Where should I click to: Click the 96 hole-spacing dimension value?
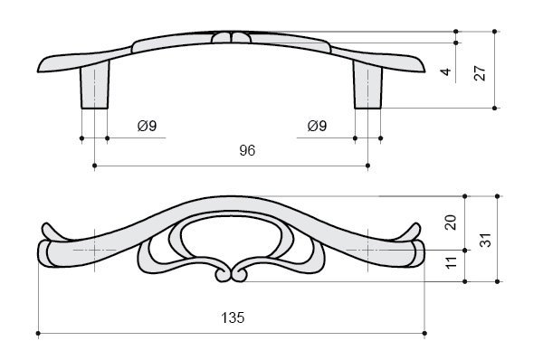pyautogui.click(x=247, y=150)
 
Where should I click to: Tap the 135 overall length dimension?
pyautogui.click(x=233, y=317)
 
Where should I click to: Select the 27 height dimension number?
pyautogui.click(x=480, y=73)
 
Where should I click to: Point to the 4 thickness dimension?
pyautogui.click(x=446, y=71)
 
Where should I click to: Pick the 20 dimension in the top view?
pyautogui.click(x=451, y=223)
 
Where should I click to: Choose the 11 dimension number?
pyautogui.click(x=452, y=262)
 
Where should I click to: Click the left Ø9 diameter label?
pyautogui.click(x=148, y=126)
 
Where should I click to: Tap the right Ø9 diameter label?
pyautogui.click(x=317, y=126)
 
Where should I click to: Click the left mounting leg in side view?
pyautogui.click(x=94, y=85)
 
